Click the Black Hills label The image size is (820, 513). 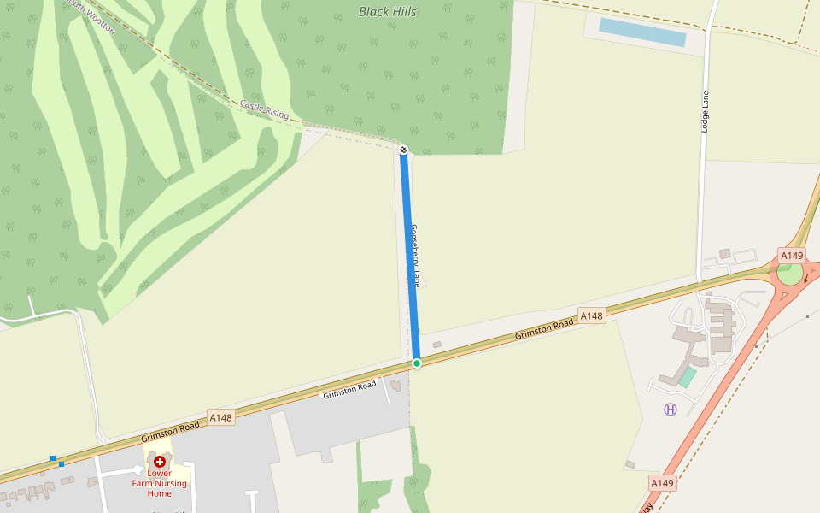click(x=388, y=12)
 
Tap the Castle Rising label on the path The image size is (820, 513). click(x=264, y=109)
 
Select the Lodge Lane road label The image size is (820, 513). click(x=706, y=111)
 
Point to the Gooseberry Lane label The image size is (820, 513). click(x=415, y=255)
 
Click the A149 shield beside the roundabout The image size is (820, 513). click(x=792, y=256)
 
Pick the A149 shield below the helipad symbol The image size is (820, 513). click(x=662, y=483)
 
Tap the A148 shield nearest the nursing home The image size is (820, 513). click(x=220, y=417)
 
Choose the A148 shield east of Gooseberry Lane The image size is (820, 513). click(x=591, y=316)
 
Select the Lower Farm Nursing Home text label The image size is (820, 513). click(x=160, y=483)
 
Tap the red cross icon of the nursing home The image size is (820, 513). click(x=160, y=462)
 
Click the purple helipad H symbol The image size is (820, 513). click(x=671, y=410)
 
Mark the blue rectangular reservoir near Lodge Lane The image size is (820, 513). click(x=642, y=32)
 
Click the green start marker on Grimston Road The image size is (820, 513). click(x=417, y=363)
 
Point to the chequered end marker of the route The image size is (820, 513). click(x=403, y=150)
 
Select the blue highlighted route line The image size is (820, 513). click(x=410, y=256)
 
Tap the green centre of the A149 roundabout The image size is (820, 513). click(x=790, y=274)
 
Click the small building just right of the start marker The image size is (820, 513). click(x=437, y=345)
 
